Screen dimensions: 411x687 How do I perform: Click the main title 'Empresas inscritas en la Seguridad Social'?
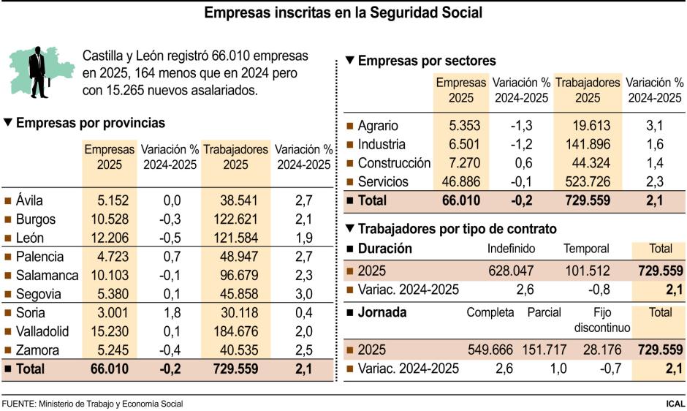[x=343, y=13]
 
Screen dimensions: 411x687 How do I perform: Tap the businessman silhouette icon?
[x=37, y=72]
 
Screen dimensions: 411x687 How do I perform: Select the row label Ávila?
[x=29, y=200]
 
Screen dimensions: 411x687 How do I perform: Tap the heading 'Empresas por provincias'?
[x=90, y=124]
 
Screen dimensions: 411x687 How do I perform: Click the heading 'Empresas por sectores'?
[x=427, y=61]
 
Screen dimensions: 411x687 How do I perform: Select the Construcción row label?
[x=394, y=163]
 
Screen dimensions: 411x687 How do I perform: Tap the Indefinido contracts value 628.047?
[x=512, y=270]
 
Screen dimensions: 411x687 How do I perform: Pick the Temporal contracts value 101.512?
[x=587, y=270]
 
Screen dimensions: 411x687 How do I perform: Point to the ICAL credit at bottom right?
[x=675, y=404]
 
